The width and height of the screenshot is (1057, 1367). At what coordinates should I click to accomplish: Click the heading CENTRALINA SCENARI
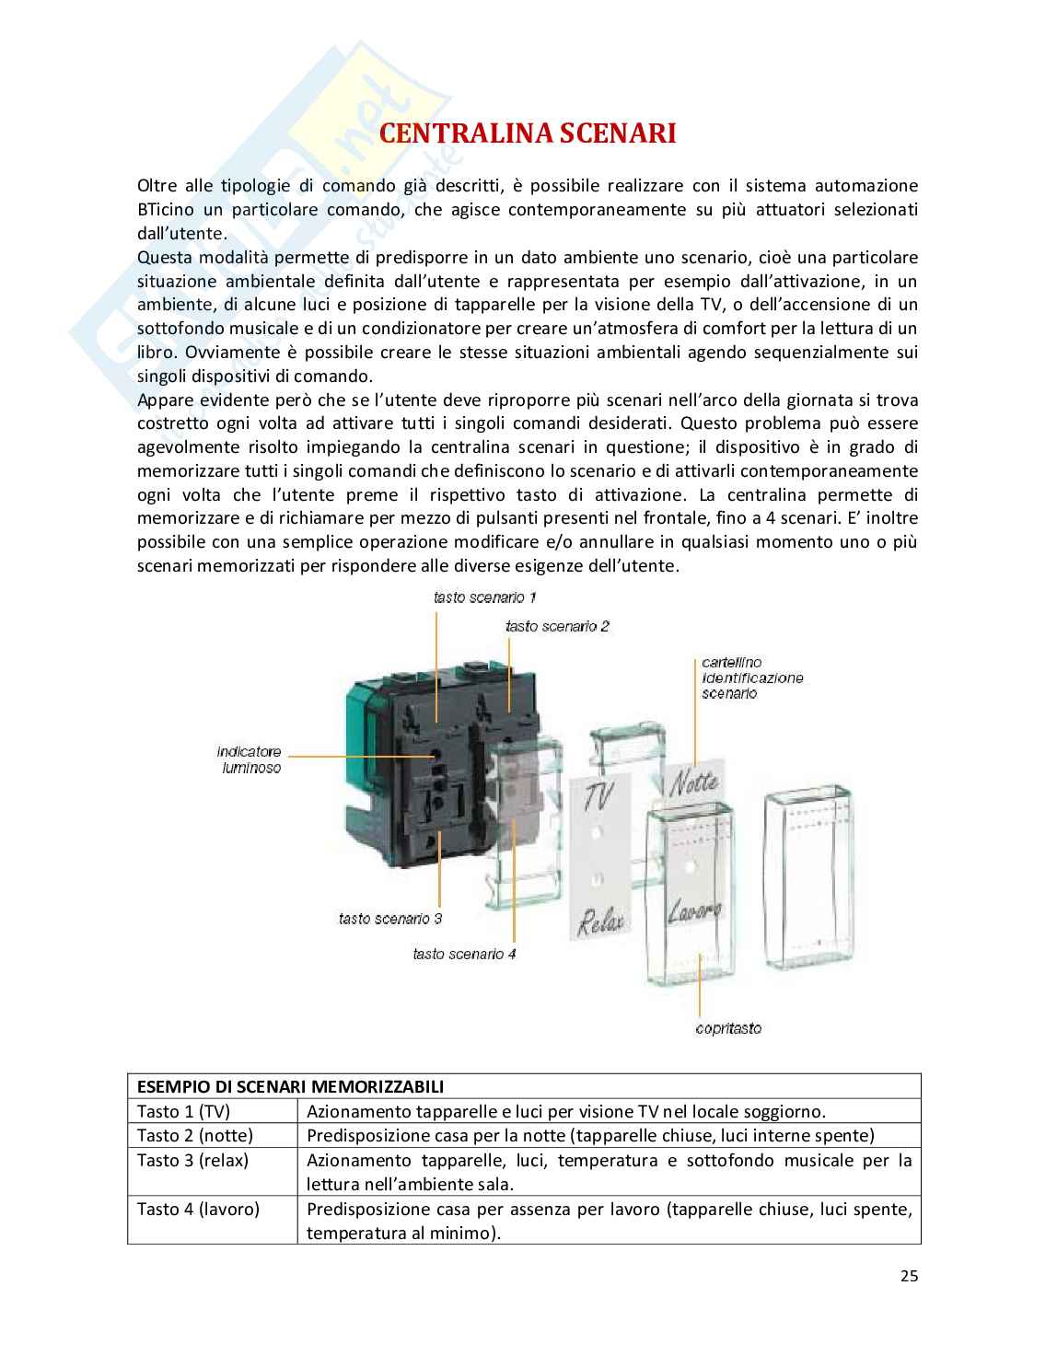tap(528, 133)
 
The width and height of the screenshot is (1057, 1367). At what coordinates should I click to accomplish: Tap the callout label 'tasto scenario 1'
tap(484, 597)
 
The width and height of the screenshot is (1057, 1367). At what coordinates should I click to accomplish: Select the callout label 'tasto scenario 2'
tap(557, 626)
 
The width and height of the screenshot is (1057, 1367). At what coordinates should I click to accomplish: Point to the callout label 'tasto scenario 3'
tap(389, 918)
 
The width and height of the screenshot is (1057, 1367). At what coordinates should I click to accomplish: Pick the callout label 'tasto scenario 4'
tap(464, 954)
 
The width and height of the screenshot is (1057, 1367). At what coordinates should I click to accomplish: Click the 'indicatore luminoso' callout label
tap(250, 759)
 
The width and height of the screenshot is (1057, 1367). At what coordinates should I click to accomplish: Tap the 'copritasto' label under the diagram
tap(728, 1028)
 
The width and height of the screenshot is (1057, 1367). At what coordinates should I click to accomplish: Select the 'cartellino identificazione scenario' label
tap(751, 678)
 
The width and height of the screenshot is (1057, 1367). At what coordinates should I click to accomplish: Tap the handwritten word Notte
tap(692, 783)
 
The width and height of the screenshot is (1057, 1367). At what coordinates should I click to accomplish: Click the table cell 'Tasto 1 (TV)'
tap(184, 1111)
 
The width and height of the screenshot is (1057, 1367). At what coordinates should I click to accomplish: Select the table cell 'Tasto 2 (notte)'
tap(195, 1135)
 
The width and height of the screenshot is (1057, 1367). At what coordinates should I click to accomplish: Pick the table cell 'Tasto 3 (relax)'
tap(193, 1160)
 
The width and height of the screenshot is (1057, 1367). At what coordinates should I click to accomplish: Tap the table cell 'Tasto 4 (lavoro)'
tap(199, 1209)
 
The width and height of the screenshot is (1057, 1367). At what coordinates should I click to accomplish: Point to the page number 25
tap(910, 1276)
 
